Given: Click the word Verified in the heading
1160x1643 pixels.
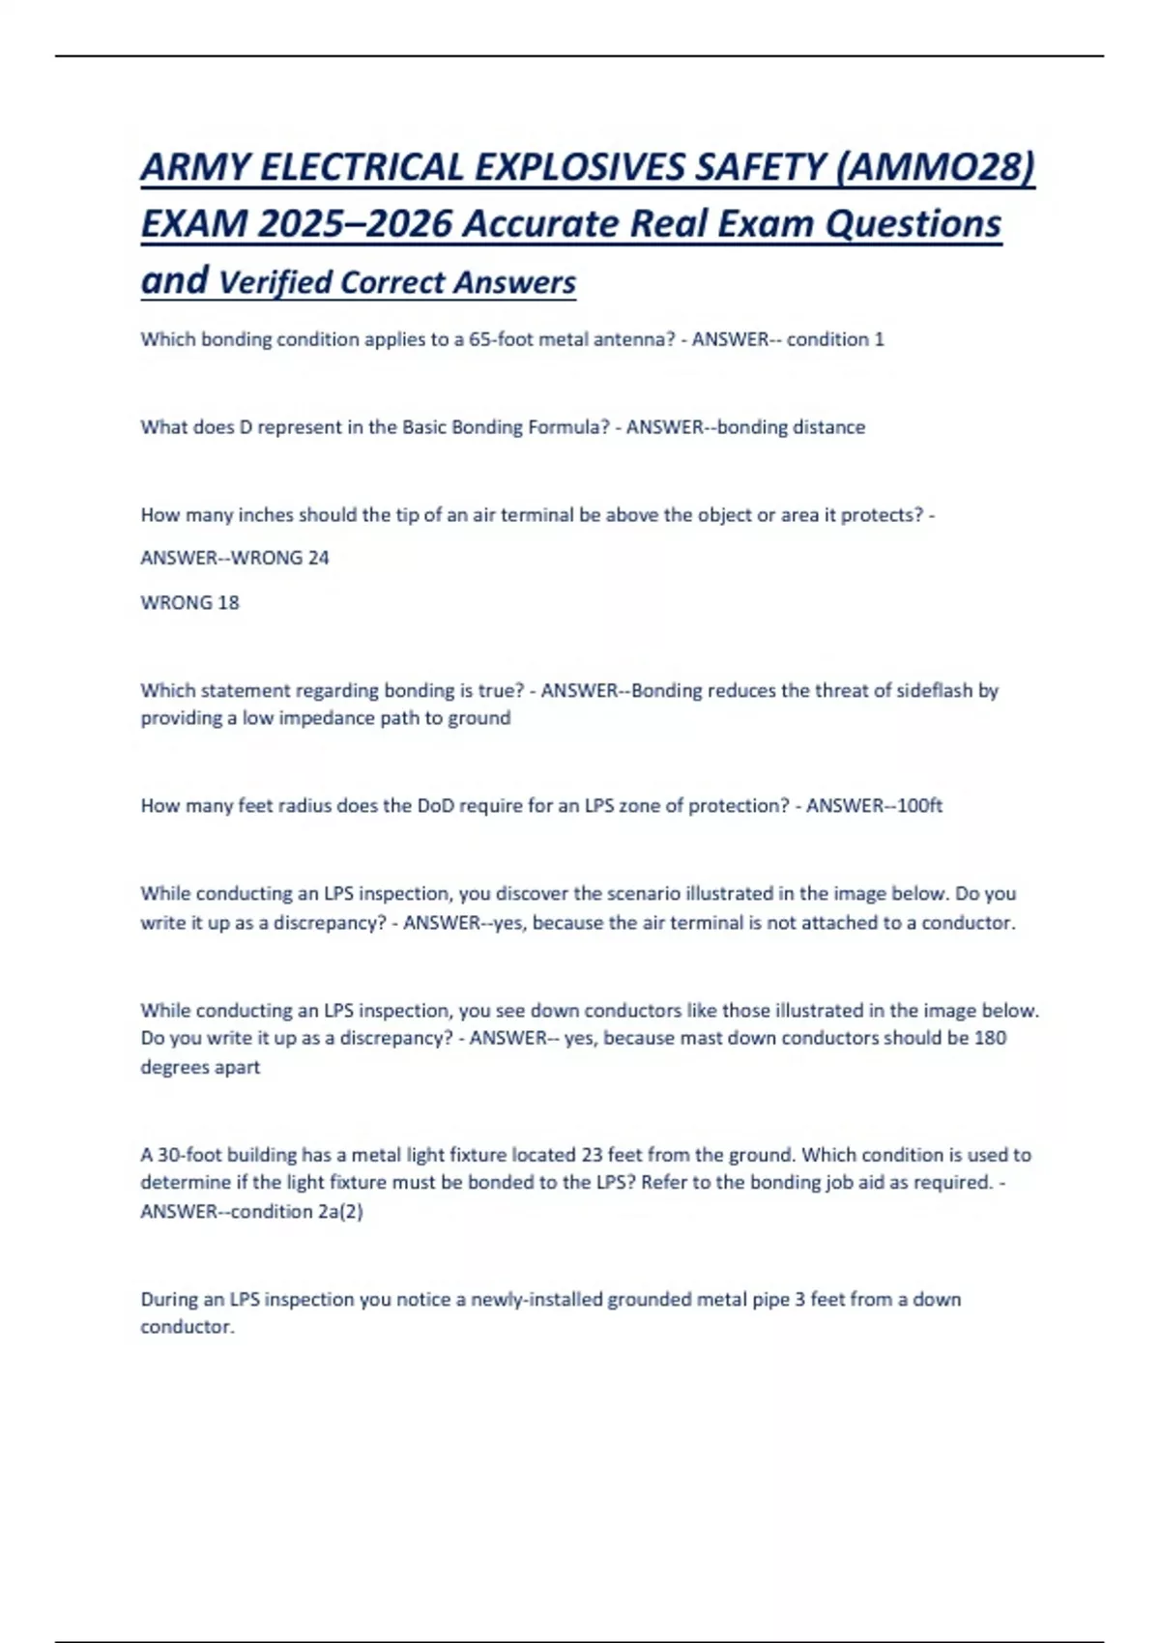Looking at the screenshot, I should pos(275,282).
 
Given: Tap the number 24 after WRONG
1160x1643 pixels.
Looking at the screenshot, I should pos(318,558).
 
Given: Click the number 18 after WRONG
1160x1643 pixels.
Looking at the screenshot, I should pos(228,602).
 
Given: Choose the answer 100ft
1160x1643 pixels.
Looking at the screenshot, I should pos(919,805).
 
